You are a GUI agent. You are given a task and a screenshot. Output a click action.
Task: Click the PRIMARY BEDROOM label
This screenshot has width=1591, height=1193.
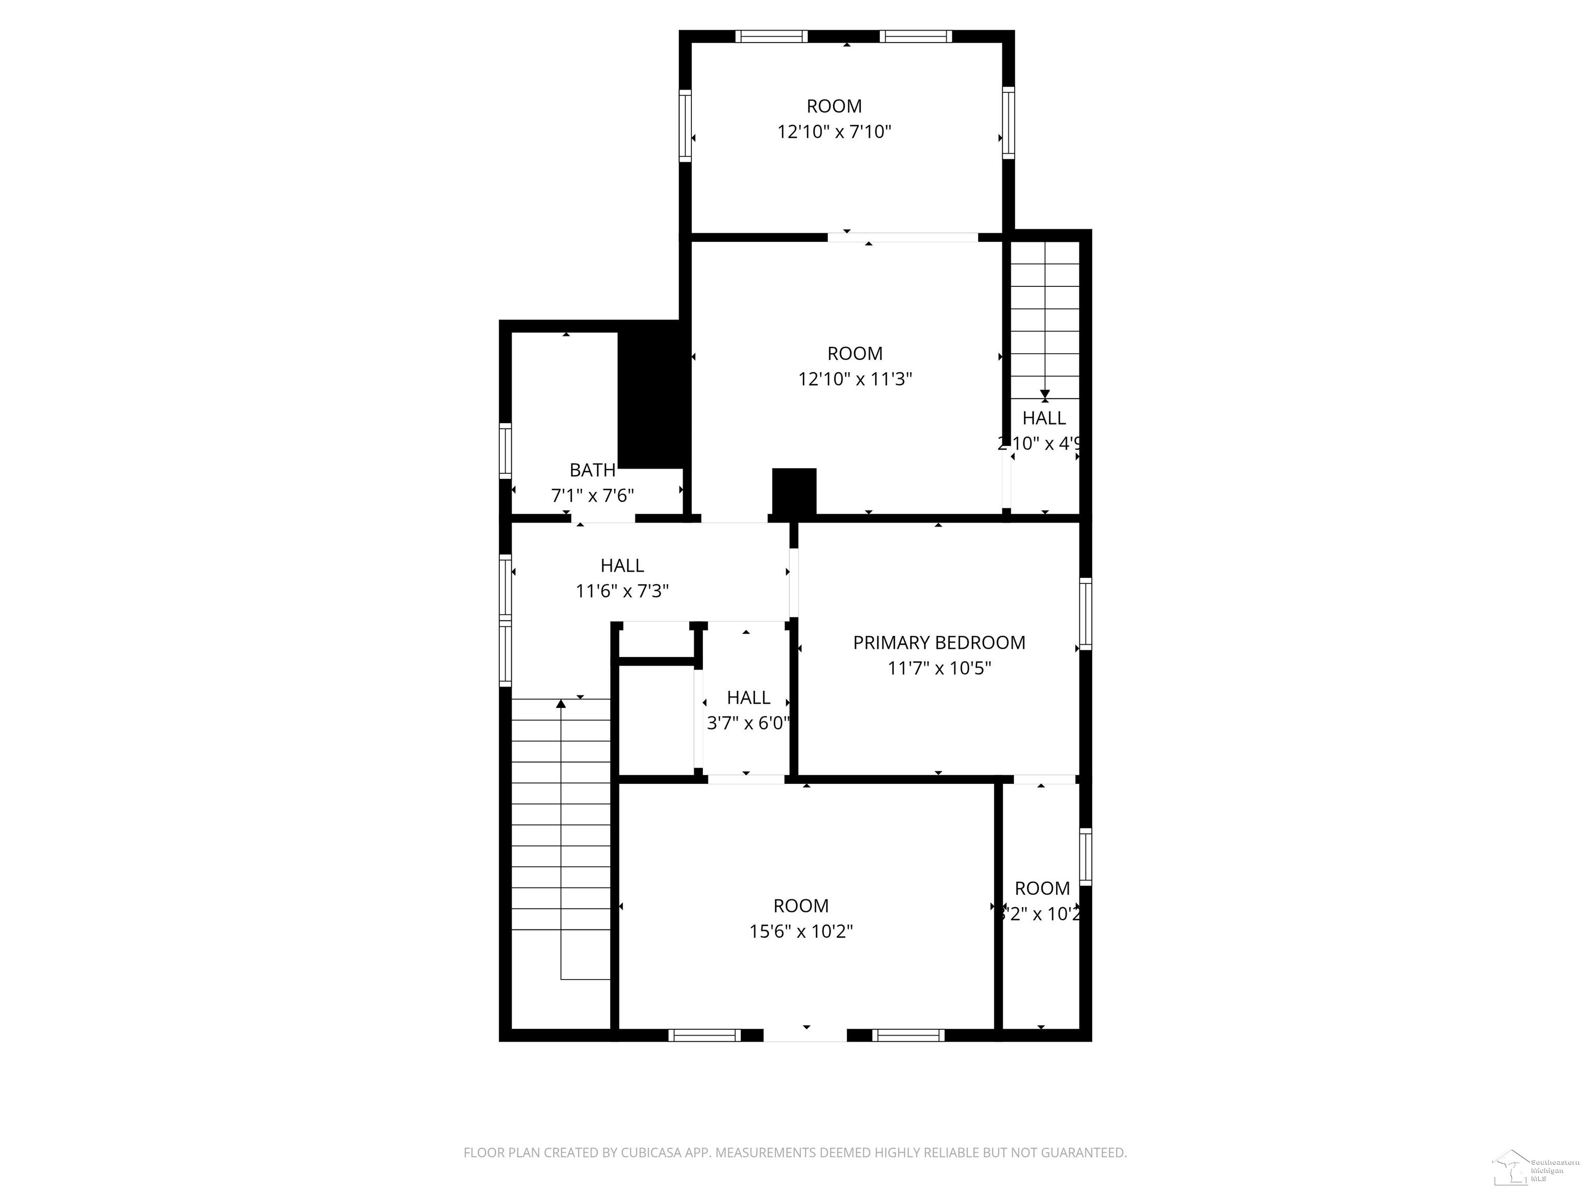[x=938, y=642]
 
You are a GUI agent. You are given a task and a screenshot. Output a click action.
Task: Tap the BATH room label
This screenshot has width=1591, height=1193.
[x=592, y=470]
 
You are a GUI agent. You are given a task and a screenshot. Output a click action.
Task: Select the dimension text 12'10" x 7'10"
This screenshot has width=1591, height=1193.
[x=834, y=132]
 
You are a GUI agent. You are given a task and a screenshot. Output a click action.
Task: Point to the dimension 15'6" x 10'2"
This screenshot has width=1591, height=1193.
[x=801, y=931]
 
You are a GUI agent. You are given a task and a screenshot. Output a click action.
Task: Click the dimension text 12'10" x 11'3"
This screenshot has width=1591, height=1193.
[x=855, y=379]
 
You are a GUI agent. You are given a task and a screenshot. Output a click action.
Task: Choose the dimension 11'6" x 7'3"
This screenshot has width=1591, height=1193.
[x=621, y=591]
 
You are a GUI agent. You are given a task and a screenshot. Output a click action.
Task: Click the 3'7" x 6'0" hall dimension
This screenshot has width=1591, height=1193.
[x=748, y=723]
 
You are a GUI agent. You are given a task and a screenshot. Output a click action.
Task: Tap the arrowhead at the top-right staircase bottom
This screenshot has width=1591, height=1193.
[x=1045, y=395]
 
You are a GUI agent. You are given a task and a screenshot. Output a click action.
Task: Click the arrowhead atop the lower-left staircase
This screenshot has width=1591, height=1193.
[x=561, y=703]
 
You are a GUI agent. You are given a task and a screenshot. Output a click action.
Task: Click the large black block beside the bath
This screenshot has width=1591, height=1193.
[x=652, y=394]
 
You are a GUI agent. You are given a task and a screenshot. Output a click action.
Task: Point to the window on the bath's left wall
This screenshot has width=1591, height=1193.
[x=505, y=451]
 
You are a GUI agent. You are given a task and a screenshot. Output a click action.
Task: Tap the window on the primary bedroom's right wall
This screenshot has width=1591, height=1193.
[x=1086, y=614]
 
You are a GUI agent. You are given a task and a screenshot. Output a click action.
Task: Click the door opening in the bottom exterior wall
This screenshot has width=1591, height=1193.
[x=805, y=1036]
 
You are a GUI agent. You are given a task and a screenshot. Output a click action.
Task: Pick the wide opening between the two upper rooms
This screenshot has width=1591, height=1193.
[x=902, y=237]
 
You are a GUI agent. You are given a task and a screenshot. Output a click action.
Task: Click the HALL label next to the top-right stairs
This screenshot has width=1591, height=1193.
[x=1044, y=418]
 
